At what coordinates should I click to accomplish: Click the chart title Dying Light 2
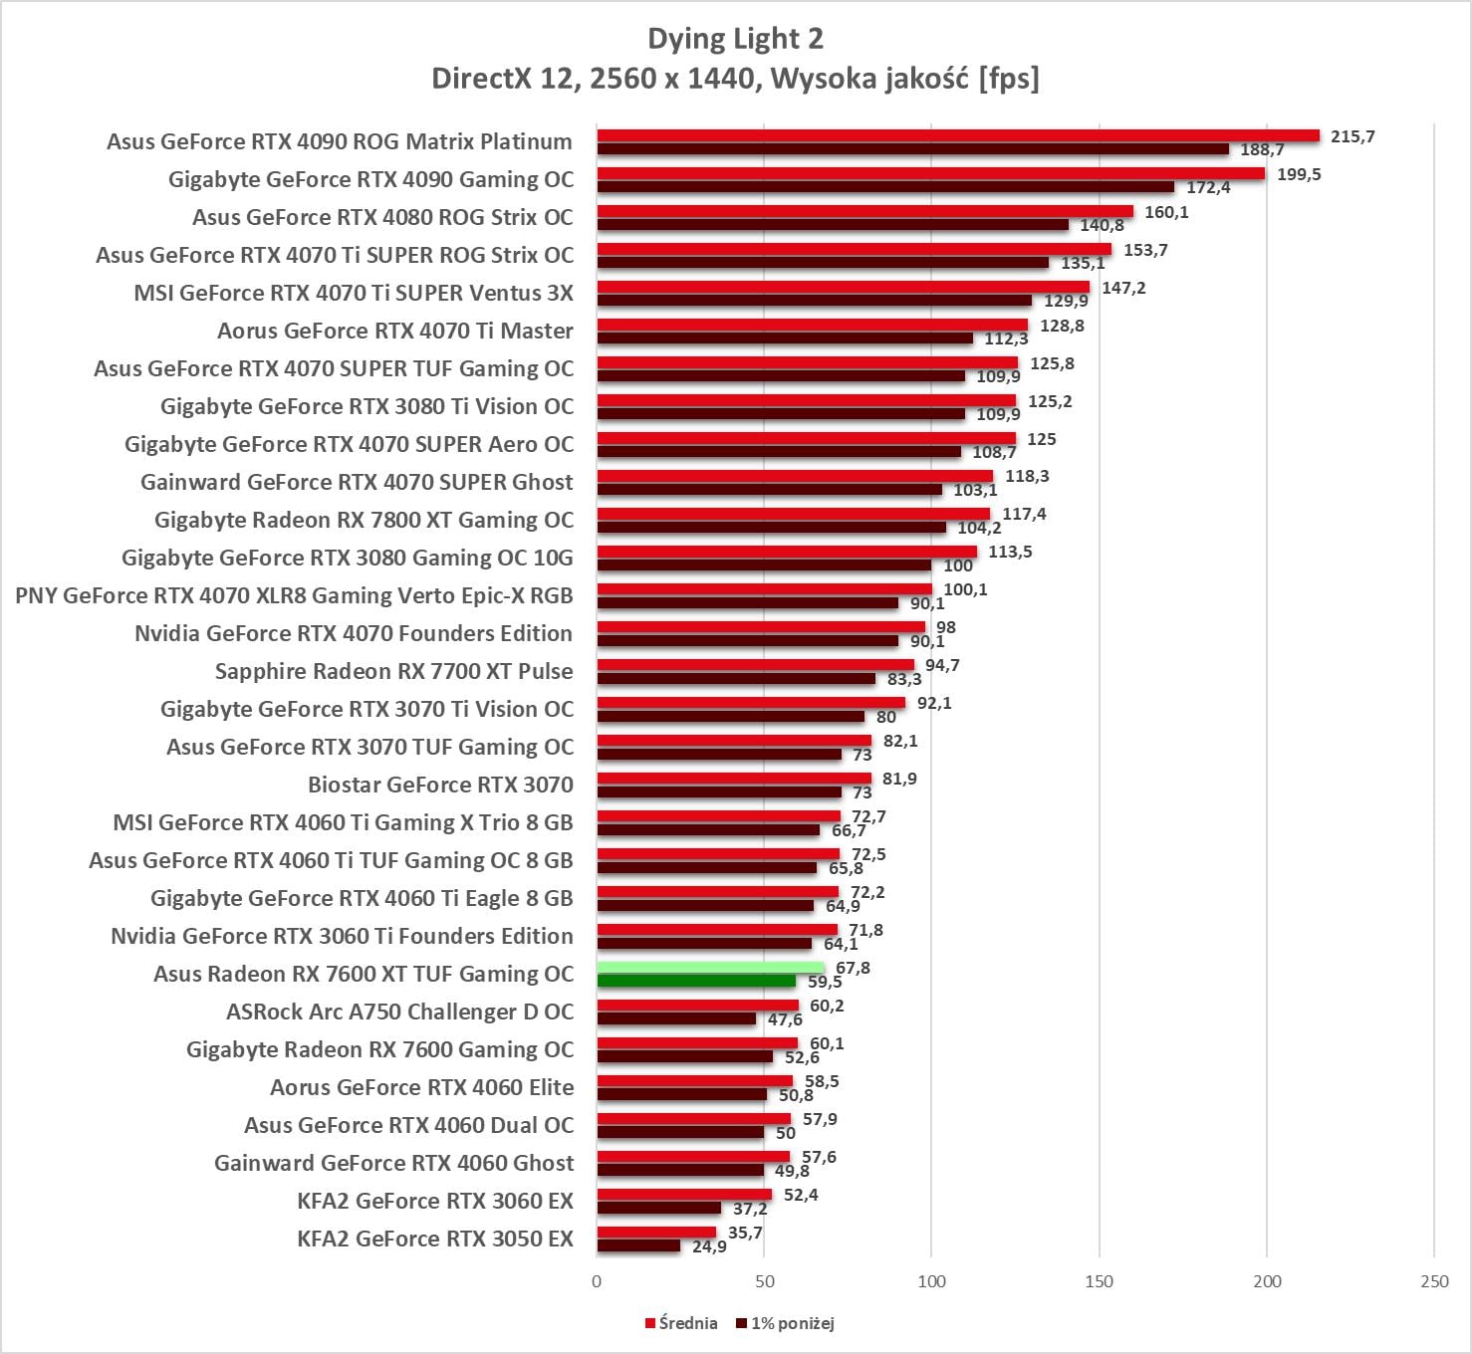tap(735, 39)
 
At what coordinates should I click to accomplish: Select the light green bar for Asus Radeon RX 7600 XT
tap(710, 968)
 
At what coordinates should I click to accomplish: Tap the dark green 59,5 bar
tap(696, 982)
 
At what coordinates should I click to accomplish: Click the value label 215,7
tap(1352, 136)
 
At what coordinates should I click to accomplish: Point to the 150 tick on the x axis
tap(1100, 1281)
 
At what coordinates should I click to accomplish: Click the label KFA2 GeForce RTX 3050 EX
tap(435, 1239)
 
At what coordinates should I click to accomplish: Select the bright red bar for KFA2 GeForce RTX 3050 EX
tap(656, 1233)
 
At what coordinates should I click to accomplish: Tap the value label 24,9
tap(709, 1246)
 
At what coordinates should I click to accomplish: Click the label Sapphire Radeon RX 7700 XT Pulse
tap(393, 671)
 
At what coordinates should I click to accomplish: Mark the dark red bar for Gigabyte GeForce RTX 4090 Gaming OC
tap(885, 187)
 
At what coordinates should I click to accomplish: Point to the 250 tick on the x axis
tap(1434, 1281)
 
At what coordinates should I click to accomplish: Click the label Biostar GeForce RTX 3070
tap(440, 785)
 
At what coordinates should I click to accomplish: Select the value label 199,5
tap(1299, 174)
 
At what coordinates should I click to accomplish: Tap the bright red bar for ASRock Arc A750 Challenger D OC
tap(697, 1006)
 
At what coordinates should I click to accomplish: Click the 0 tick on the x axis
tap(597, 1281)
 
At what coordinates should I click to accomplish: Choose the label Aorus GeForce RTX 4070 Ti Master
tap(395, 331)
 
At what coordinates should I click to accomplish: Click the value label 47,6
tap(785, 1019)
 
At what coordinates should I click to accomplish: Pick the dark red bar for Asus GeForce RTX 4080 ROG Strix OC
tap(833, 225)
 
